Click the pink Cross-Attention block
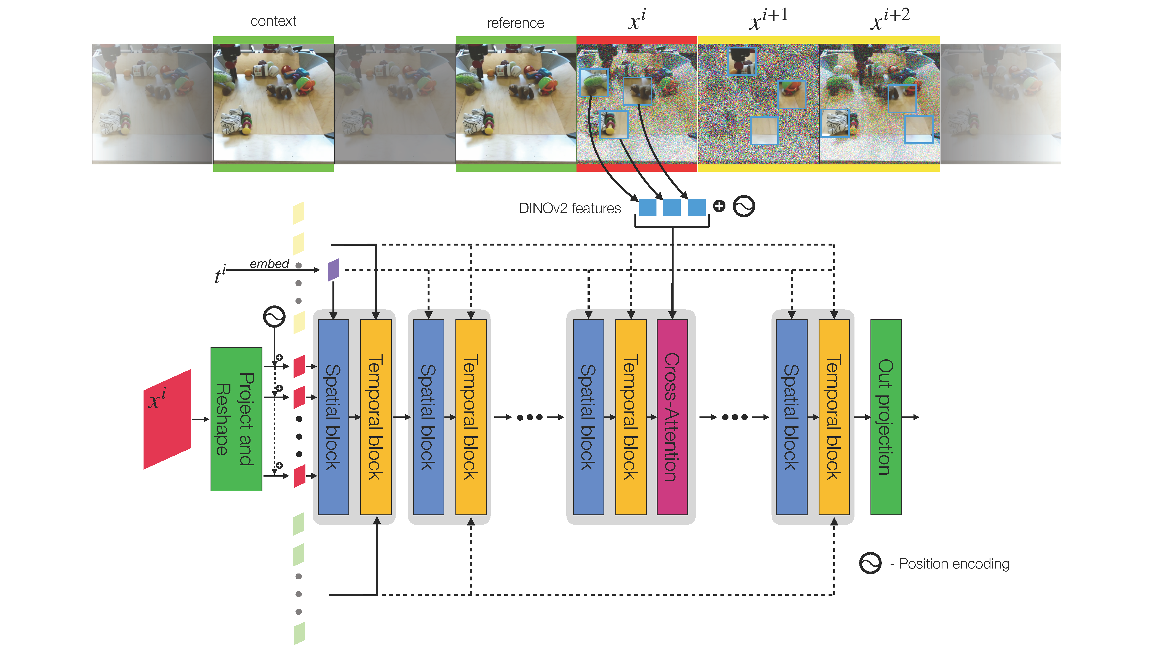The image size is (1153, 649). (672, 416)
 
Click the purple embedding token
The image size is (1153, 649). (334, 270)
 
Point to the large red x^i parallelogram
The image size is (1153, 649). (167, 419)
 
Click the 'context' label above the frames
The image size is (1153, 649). (273, 21)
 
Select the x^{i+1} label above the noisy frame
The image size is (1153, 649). (768, 19)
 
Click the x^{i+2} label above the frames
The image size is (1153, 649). (890, 19)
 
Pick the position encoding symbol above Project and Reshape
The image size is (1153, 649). (274, 317)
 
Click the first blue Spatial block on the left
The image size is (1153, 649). (333, 416)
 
